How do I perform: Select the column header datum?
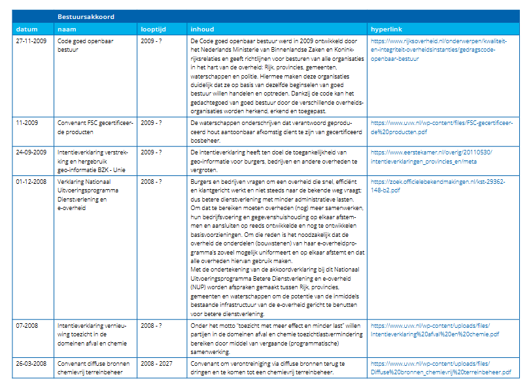tap(27, 29)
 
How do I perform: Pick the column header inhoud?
tap(202, 29)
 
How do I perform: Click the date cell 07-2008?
tap(27, 325)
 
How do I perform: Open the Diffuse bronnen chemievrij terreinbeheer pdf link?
tap(436, 368)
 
